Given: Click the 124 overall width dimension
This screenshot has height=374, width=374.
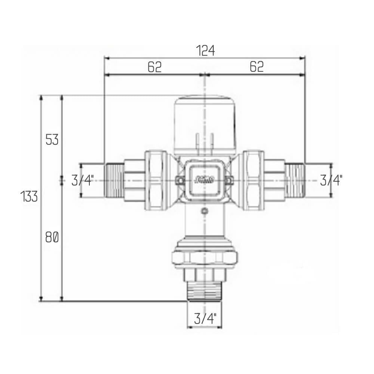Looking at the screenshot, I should click(x=205, y=50).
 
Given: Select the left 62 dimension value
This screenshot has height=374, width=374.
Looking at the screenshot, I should click(x=154, y=67).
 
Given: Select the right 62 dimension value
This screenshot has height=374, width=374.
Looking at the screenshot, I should click(x=257, y=67).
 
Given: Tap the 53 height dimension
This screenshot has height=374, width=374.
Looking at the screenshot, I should click(x=52, y=140).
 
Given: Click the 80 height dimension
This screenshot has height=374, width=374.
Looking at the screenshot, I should click(x=52, y=237).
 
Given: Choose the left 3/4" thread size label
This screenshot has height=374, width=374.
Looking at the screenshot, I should click(x=82, y=181).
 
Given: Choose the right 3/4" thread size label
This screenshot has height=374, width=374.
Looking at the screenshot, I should click(x=331, y=181).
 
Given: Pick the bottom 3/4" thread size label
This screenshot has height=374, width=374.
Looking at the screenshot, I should click(x=205, y=319).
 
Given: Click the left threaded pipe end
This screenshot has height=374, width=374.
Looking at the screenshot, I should click(x=114, y=181).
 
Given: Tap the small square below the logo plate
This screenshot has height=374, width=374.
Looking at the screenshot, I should click(x=204, y=212).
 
